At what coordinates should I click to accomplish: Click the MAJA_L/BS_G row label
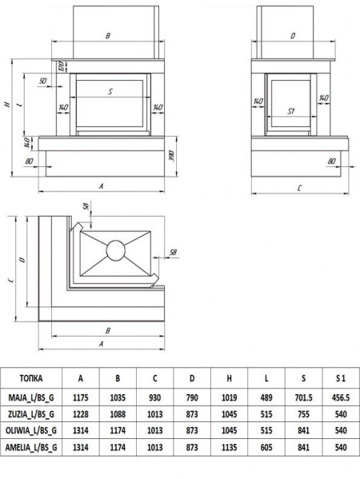pyautogui.click(x=31, y=397)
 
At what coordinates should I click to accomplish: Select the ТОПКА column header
pyautogui.click(x=31, y=378)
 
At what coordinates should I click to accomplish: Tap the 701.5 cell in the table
pyautogui.click(x=303, y=397)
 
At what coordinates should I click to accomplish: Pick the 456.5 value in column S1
pyautogui.click(x=341, y=397)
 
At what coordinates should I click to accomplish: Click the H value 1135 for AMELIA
pyautogui.click(x=230, y=447)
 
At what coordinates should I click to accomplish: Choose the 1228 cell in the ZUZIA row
pyautogui.click(x=81, y=414)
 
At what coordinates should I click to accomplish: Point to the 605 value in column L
pyautogui.click(x=266, y=447)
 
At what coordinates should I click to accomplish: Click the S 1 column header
pyautogui.click(x=341, y=378)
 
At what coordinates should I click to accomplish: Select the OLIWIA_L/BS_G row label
pyautogui.click(x=31, y=430)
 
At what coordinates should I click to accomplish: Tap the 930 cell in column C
pyautogui.click(x=155, y=397)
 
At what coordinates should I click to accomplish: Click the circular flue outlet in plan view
pyautogui.click(x=115, y=250)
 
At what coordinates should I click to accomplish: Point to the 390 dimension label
pyautogui.click(x=172, y=156)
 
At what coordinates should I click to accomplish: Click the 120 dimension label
pyautogui.click(x=61, y=66)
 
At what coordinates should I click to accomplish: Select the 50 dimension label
pyautogui.click(x=43, y=81)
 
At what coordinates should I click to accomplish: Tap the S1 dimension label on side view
pyautogui.click(x=291, y=111)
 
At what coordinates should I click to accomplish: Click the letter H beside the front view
pyautogui.click(x=7, y=104)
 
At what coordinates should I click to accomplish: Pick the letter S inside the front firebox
pyautogui.click(x=110, y=91)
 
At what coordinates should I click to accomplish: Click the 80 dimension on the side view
pyautogui.click(x=332, y=161)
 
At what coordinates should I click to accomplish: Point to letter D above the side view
pyautogui.click(x=293, y=36)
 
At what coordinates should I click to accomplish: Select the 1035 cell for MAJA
pyautogui.click(x=118, y=397)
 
